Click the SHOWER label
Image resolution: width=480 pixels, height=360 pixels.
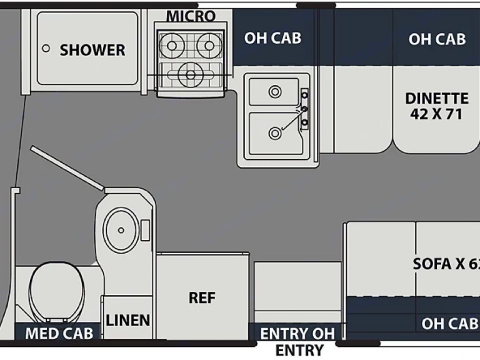[x=92, y=50]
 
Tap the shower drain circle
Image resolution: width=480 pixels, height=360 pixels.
[x=46, y=47]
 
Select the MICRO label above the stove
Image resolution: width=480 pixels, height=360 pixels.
[x=191, y=16]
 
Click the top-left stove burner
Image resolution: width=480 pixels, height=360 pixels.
[x=169, y=45]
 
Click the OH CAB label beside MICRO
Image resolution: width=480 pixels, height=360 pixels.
[x=272, y=38]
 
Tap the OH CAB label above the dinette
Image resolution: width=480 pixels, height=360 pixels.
[x=437, y=39]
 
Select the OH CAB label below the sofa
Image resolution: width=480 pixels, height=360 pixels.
[x=449, y=324]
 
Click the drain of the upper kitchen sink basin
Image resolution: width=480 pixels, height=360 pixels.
[x=274, y=92]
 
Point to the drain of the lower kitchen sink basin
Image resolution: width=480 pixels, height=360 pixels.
[x=274, y=132]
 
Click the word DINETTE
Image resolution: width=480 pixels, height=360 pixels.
[x=437, y=98]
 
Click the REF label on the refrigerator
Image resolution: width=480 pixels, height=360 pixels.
[x=202, y=298]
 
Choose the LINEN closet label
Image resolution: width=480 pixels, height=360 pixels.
[x=128, y=321]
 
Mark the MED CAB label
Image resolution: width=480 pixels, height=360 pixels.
[x=59, y=333]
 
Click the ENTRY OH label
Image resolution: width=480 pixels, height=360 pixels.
[x=297, y=333]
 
